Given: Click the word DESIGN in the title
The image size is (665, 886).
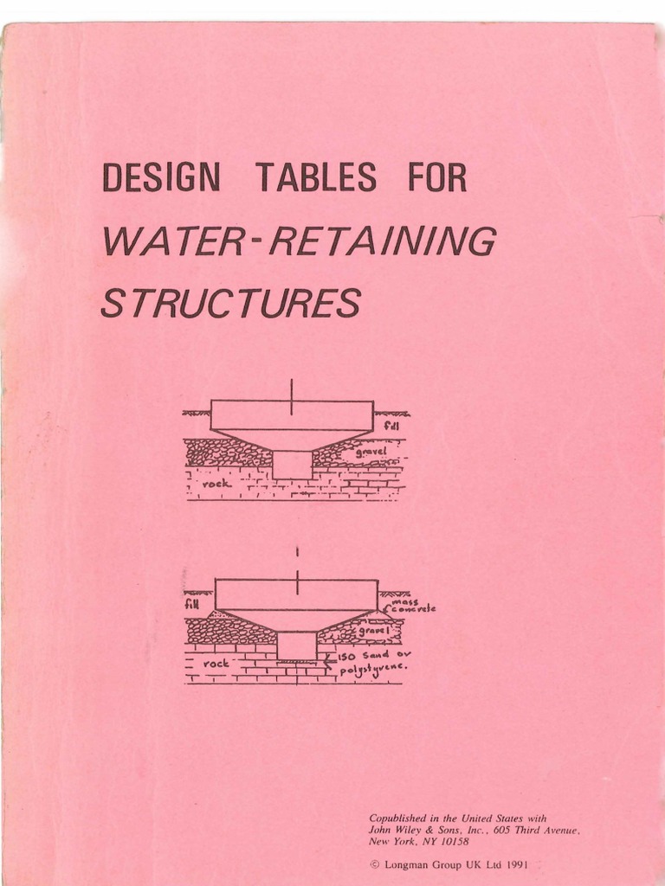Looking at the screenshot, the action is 161,178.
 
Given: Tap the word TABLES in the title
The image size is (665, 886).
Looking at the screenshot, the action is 315,178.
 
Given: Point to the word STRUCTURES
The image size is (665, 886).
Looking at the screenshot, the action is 230,302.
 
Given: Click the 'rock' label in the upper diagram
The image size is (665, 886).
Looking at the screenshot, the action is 216,484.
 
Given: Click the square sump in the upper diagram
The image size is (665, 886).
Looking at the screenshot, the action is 292,464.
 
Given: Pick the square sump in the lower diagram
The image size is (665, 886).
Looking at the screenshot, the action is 296,645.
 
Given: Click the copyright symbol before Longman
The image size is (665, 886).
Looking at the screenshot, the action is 374,864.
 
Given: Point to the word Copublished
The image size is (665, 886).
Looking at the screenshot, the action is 399,818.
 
